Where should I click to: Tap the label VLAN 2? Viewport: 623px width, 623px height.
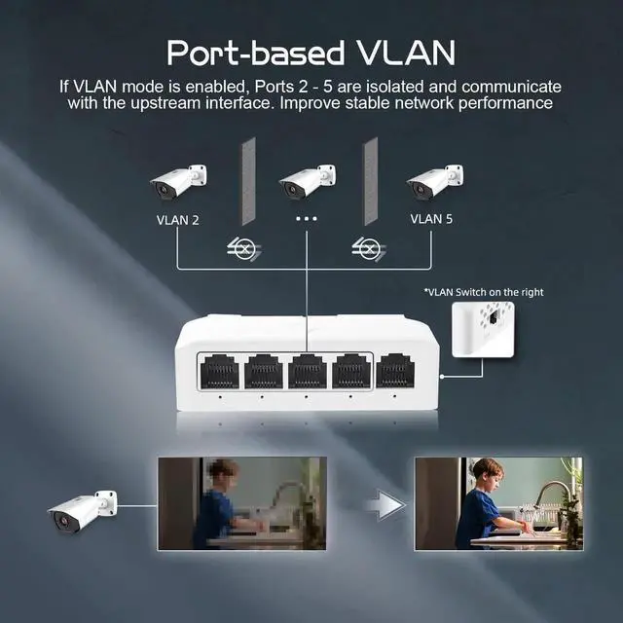(x=177, y=220)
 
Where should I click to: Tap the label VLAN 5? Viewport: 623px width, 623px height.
(x=431, y=220)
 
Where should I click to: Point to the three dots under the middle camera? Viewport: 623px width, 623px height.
(x=307, y=220)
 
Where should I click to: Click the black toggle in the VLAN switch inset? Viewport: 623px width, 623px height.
(x=494, y=318)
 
